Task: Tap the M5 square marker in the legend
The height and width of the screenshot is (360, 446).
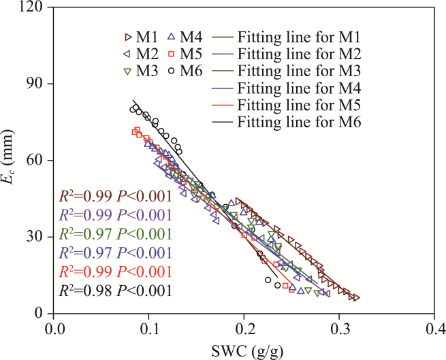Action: tap(173, 53)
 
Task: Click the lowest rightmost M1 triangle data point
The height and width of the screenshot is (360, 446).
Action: tap(356, 298)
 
